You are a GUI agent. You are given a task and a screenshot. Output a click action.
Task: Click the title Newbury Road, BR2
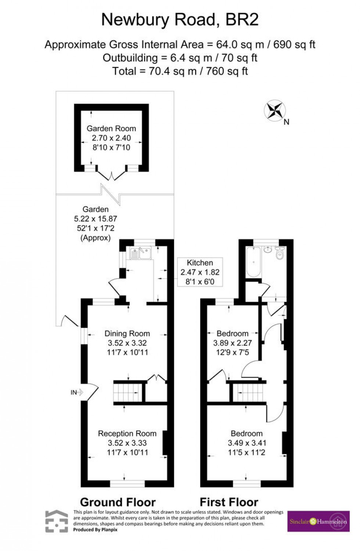[x=180, y=20]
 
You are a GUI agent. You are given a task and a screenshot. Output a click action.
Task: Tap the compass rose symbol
[x=275, y=110]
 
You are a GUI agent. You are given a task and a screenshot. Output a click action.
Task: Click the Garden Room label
[x=111, y=128]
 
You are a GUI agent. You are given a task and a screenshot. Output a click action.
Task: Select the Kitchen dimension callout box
[x=200, y=272]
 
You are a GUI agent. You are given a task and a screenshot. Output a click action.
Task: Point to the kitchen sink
[x=140, y=253]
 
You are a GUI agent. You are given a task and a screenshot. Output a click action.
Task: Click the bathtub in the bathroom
[x=253, y=261]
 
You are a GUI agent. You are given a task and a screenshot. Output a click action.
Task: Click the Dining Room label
[x=127, y=333]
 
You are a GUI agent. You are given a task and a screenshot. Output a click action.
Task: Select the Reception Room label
[x=127, y=433]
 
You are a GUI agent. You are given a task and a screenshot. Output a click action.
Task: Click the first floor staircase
[x=248, y=393]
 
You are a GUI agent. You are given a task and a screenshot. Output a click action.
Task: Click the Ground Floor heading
[x=118, y=502]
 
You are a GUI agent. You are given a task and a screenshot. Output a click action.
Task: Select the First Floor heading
[x=229, y=502]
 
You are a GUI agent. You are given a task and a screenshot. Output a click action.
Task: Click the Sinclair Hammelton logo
[x=318, y=521]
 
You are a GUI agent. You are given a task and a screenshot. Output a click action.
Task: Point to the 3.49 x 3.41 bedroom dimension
[x=247, y=443]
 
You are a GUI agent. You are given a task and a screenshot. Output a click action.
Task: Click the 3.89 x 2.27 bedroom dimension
[x=232, y=343]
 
